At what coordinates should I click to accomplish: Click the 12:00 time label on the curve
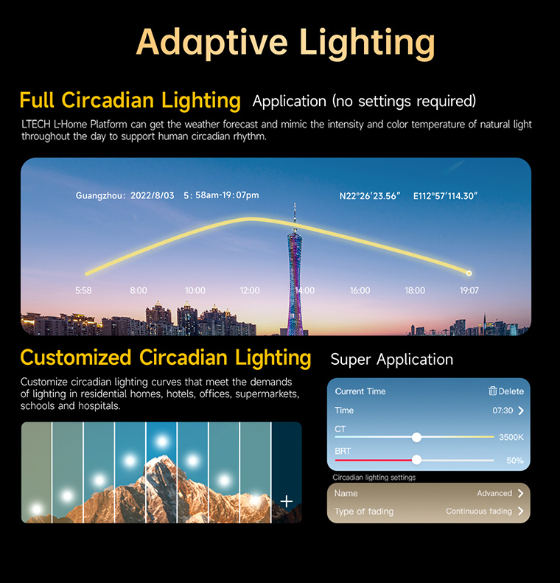[x=249, y=290]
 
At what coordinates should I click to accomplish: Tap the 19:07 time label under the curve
[x=469, y=290]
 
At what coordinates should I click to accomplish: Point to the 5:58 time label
[x=83, y=290]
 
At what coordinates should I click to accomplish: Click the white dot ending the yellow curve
[x=469, y=273]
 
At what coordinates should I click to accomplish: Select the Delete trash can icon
[x=492, y=391]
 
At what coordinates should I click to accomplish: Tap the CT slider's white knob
[x=416, y=437]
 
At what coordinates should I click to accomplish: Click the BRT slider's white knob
[x=416, y=460]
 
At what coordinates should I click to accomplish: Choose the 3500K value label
[x=511, y=437]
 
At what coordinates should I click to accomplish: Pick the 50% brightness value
[x=515, y=461]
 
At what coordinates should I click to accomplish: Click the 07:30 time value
[x=503, y=411]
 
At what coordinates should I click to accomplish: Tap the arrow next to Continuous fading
[x=521, y=512]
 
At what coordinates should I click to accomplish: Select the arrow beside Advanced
[x=521, y=493]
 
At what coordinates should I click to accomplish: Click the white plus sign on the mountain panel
[x=286, y=501]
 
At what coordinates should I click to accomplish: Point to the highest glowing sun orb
[x=161, y=441]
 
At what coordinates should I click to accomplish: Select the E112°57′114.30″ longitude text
[x=445, y=196]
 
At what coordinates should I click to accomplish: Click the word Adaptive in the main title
[x=211, y=43]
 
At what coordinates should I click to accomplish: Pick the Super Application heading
[x=392, y=360]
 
